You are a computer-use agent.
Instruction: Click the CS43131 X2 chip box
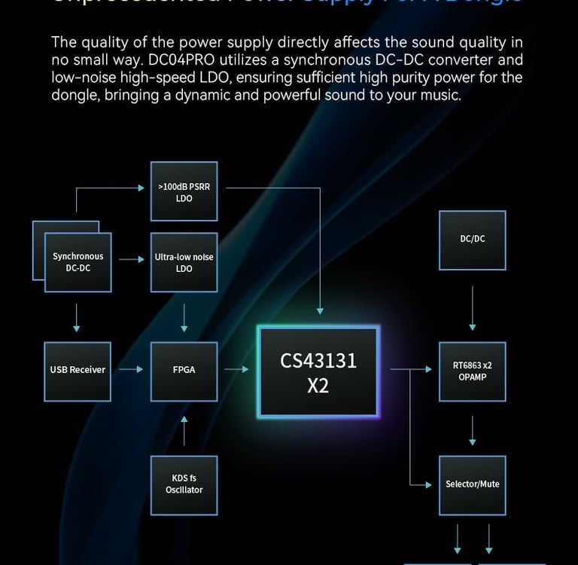[318, 371]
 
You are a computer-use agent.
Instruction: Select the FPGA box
[184, 371]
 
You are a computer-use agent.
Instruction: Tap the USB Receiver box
[78, 371]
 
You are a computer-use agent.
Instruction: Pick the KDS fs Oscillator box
[184, 484]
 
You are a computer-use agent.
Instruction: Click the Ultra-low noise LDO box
[184, 262]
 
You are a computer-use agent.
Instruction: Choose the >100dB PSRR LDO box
[184, 191]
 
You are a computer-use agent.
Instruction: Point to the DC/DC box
[472, 240]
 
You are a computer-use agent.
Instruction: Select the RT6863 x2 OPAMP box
[472, 371]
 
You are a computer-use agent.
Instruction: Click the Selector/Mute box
[472, 484]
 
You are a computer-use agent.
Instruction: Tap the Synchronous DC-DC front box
[78, 262]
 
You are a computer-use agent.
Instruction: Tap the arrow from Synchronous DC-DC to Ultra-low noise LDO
[131, 259]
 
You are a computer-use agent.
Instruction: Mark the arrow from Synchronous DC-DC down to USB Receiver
[77, 316]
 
